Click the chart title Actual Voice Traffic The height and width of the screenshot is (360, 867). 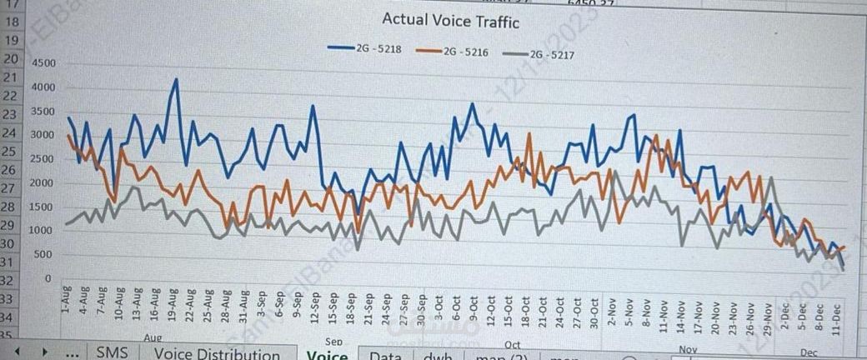click(450, 22)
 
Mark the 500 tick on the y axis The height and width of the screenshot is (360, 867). click(44, 254)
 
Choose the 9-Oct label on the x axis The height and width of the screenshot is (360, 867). click(473, 308)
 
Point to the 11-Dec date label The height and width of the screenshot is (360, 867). click(837, 318)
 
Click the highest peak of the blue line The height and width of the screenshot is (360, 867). click(176, 79)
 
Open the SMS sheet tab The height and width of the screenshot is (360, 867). click(112, 352)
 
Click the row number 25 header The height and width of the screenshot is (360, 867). click(11, 151)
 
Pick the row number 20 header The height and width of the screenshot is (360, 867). click(11, 59)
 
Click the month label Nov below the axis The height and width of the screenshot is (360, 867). click(687, 349)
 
